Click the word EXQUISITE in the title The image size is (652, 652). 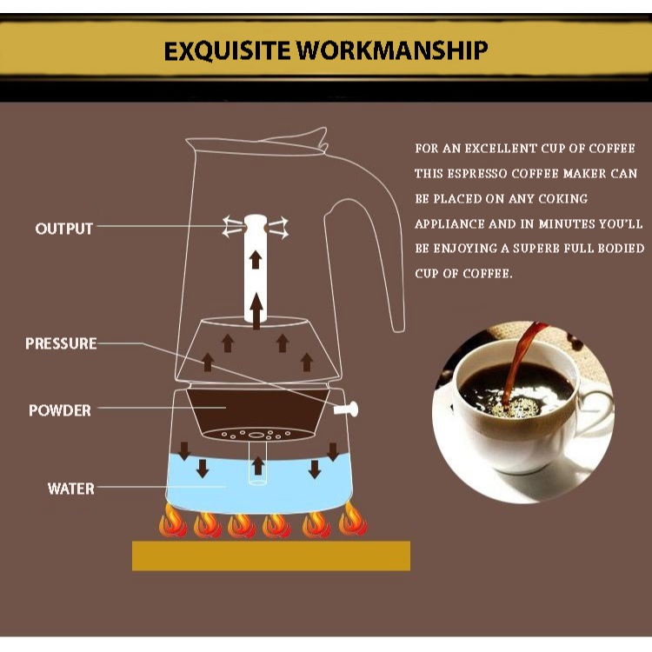228,50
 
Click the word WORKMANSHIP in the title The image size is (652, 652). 392,50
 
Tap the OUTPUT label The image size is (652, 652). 63,229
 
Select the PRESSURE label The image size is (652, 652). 61,343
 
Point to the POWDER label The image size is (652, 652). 60,410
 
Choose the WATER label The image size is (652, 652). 70,489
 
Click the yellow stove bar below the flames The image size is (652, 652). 270,556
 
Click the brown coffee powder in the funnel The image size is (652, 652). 257,409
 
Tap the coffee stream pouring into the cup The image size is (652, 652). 523,356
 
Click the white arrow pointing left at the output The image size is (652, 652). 231,228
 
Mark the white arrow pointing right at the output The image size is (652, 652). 278,228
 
